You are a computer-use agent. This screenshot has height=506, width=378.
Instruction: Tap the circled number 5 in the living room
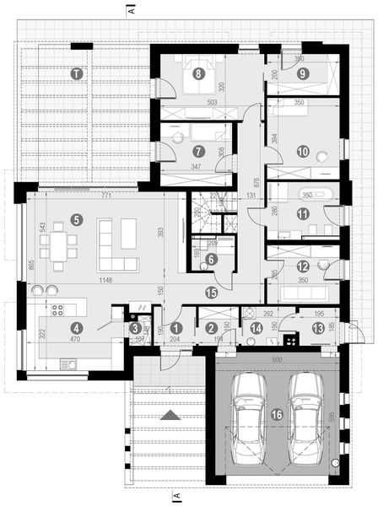[77, 219]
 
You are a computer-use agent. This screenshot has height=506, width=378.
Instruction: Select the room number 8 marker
[198, 73]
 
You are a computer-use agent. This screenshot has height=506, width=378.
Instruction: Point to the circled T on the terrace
[77, 74]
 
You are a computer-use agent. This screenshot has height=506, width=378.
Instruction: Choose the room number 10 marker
[304, 153]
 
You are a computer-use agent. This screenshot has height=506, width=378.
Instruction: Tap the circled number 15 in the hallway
[212, 292]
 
